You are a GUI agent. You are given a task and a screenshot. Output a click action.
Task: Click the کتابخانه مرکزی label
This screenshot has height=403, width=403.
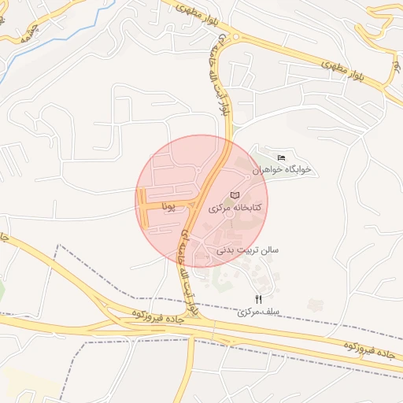click(x=235, y=209)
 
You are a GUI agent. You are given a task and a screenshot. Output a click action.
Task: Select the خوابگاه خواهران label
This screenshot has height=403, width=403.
click(x=282, y=169)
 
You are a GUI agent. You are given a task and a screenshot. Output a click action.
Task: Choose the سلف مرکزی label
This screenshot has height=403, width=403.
click(x=259, y=312)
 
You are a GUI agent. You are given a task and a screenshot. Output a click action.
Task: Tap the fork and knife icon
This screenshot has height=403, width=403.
click(x=259, y=299)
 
